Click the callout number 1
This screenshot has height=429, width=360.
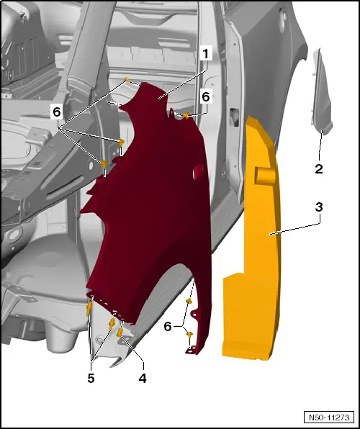click(x=206, y=53)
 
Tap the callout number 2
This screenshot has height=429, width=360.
click(x=319, y=169)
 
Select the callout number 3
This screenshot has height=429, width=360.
click(x=319, y=207)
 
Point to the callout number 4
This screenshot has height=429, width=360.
click(x=143, y=379)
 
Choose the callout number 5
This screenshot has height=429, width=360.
click(x=91, y=379)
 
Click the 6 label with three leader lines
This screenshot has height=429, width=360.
click(x=57, y=112)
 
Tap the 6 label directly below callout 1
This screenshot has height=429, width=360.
click(x=206, y=97)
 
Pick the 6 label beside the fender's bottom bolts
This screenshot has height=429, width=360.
click(x=168, y=326)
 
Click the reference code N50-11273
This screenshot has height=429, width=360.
click(x=329, y=417)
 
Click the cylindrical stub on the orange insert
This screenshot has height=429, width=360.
click(x=265, y=176)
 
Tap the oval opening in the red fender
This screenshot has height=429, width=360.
click(x=198, y=172)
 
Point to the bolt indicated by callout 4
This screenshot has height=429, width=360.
click(x=120, y=333)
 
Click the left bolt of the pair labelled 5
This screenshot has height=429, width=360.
click(x=89, y=310)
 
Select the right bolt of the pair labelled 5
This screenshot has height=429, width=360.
click(x=112, y=325)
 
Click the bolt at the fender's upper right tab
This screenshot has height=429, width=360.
click(x=186, y=116)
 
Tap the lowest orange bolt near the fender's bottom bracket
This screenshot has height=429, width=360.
click(x=189, y=334)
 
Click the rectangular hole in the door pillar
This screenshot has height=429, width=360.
click(x=234, y=117)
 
